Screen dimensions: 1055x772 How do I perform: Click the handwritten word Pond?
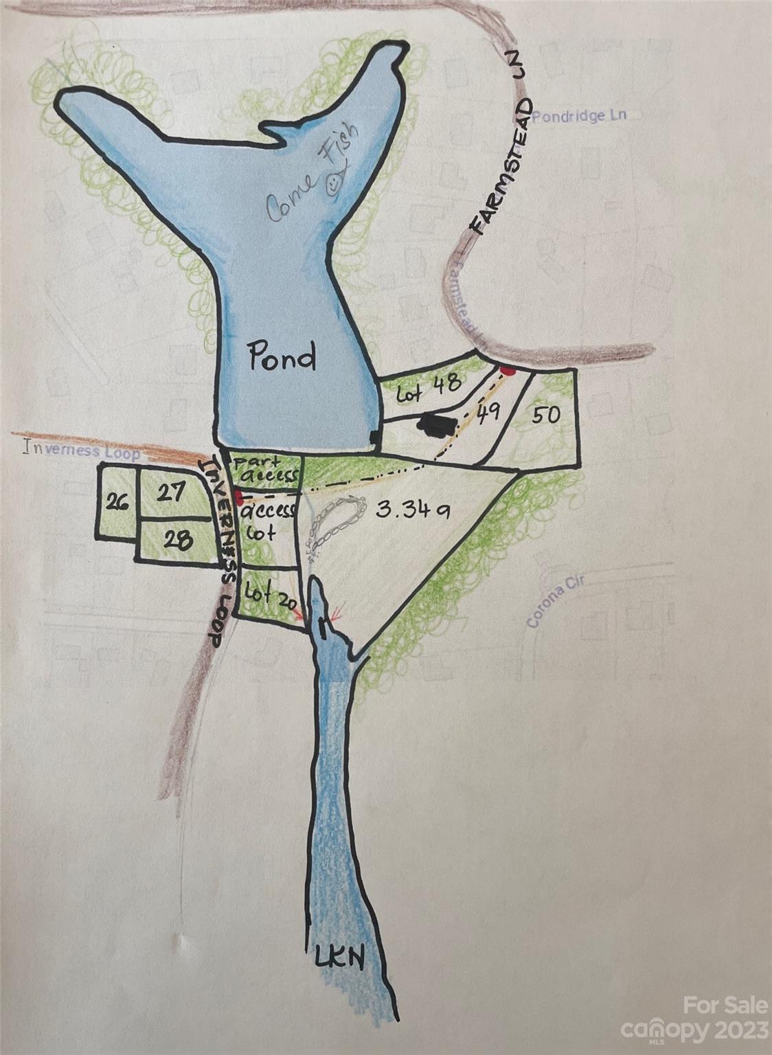282,357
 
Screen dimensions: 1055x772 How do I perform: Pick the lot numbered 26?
117,501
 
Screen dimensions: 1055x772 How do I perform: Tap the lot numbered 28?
177,540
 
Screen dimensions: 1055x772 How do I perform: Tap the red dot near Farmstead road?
508,371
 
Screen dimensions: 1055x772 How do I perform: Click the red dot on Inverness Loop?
238,496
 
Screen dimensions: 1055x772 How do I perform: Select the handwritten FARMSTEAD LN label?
503,165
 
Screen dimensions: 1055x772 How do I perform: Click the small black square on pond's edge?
374,437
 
